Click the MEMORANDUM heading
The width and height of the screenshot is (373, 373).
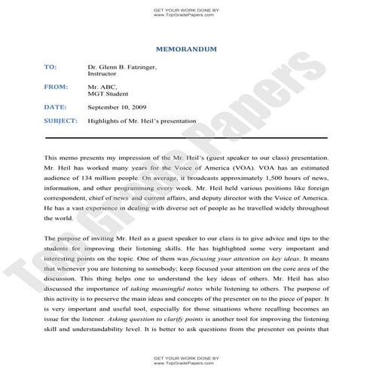(185, 49)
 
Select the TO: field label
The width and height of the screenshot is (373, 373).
(50, 67)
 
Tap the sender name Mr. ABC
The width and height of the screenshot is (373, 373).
(102, 87)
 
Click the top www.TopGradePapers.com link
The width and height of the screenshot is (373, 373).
(185, 14)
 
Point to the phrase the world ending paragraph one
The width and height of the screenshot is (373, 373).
(57, 219)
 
